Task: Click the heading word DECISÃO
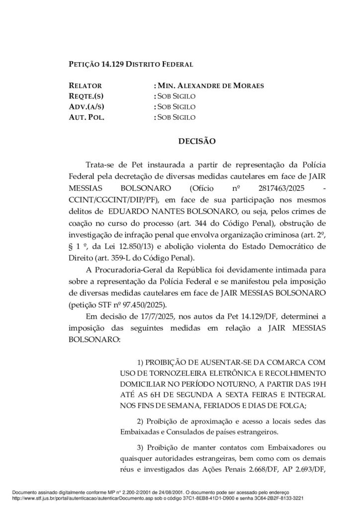196,141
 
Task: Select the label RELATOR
85,85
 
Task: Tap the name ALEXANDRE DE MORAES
222,85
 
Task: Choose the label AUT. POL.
86,117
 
